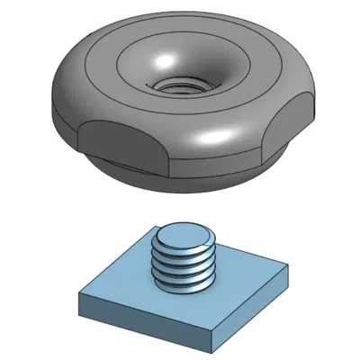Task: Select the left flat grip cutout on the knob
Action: coord(119,144)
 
